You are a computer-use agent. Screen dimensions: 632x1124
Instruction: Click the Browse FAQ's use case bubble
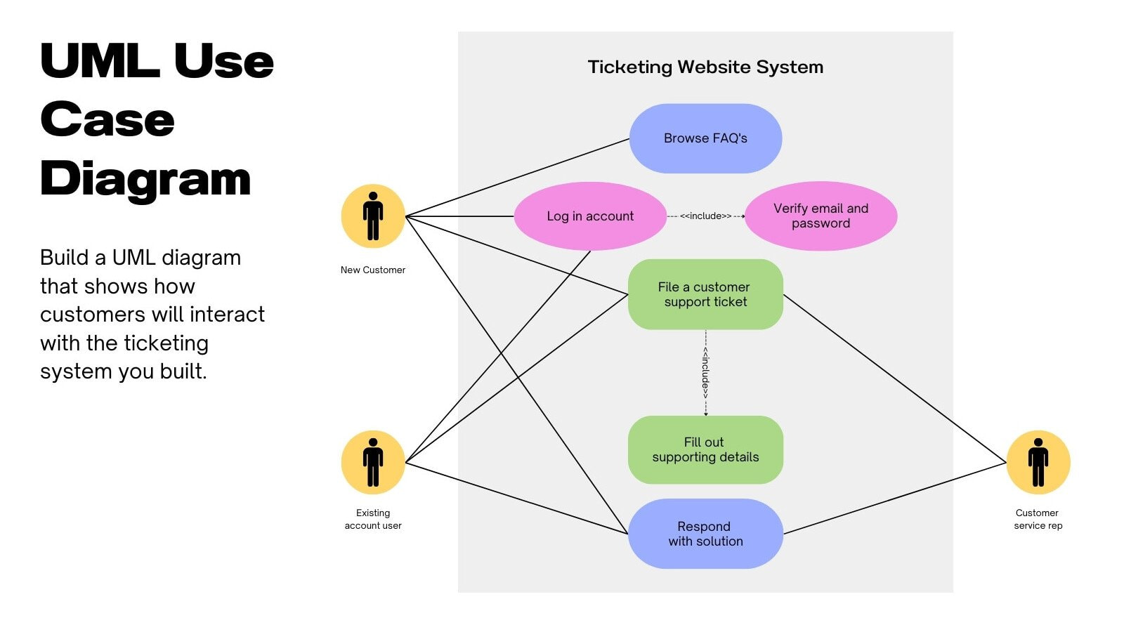click(705, 138)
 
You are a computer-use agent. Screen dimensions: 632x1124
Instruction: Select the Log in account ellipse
click(590, 216)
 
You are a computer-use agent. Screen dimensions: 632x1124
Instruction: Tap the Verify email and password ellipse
click(821, 216)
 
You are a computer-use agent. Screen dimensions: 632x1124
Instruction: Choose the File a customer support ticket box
click(705, 294)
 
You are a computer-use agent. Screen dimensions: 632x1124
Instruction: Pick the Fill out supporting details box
click(705, 449)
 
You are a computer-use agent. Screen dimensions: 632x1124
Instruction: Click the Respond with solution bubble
click(705, 534)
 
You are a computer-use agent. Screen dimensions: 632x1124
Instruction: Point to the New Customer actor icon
click(373, 216)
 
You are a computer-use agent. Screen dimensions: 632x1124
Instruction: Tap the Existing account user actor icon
click(373, 462)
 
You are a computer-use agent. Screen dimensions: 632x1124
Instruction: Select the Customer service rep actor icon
click(1038, 462)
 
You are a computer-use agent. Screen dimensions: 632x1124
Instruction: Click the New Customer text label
click(373, 270)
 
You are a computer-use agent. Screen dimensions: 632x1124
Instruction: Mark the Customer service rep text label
click(1038, 519)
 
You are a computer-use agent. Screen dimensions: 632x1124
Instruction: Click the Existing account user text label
click(373, 519)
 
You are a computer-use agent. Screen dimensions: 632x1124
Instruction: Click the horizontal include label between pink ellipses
click(705, 216)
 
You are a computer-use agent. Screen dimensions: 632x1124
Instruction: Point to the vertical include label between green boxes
click(705, 372)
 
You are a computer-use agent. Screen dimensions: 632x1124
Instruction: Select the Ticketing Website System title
click(705, 67)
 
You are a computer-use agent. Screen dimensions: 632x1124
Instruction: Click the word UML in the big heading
click(99, 61)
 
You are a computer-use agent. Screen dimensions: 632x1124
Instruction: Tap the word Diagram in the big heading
click(145, 178)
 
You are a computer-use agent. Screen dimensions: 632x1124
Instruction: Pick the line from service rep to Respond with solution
click(894, 498)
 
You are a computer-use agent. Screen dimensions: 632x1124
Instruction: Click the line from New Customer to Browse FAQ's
click(518, 177)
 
